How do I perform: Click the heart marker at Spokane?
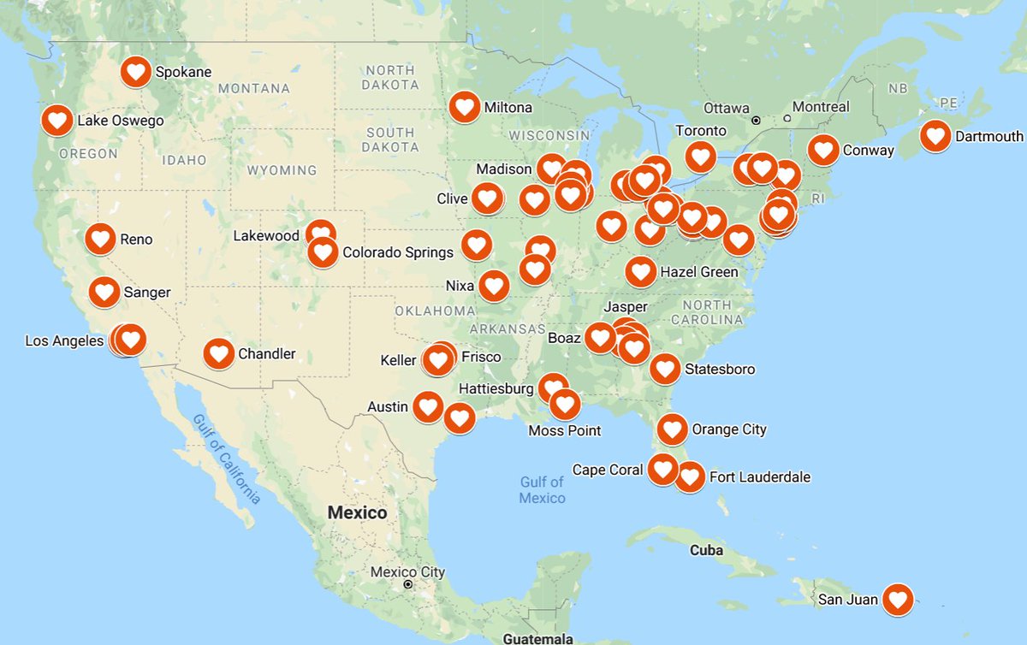point(136,72)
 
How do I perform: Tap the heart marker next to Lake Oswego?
point(57,121)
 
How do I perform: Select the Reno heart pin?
point(100,239)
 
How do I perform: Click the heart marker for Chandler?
point(218,353)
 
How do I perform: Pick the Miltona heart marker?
point(465,107)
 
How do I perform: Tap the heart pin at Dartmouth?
point(935,136)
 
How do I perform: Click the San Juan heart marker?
point(897,599)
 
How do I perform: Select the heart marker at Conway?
point(823,150)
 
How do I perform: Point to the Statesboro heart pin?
point(665,369)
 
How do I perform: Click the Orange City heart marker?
point(672,429)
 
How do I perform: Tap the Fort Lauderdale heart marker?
point(690,476)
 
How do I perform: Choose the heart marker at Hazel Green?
point(641,272)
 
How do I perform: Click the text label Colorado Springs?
point(398,252)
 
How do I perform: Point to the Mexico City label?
point(407,571)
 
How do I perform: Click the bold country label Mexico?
point(358,512)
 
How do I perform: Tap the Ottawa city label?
point(726,109)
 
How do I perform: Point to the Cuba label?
point(706,550)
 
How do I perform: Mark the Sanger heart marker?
point(105,293)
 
